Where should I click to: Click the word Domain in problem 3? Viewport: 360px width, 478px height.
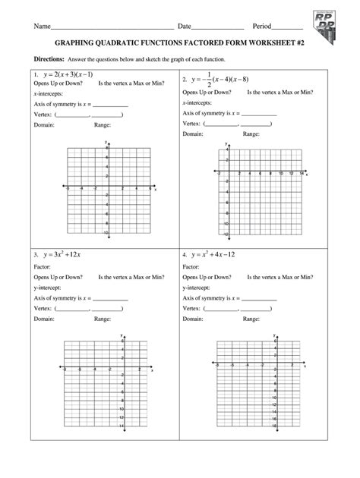pos(44,319)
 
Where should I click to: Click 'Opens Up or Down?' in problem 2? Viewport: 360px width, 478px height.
pos(210,91)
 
